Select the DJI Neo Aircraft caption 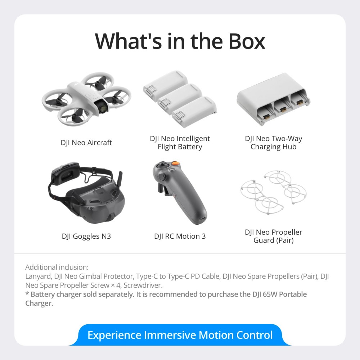click(x=86, y=143)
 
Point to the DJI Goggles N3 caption click(x=86, y=237)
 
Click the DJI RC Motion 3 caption click(x=180, y=237)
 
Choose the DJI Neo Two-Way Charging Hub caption click(x=274, y=143)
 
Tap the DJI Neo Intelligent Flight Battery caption click(x=180, y=143)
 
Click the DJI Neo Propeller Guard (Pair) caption click(x=274, y=236)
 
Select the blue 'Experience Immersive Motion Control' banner click(x=180, y=335)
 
